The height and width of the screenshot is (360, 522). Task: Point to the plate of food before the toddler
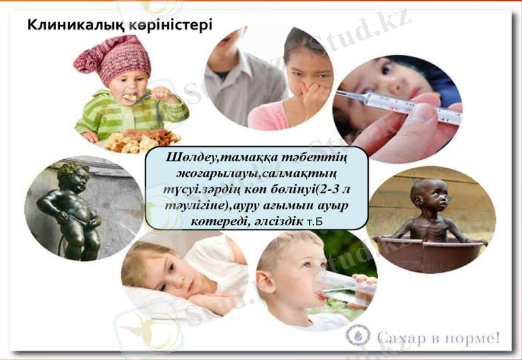point(141,139)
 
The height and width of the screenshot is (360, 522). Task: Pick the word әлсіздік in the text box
point(277,222)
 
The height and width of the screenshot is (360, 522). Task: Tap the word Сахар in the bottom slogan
point(399,338)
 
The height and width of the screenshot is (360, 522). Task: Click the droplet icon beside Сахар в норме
point(360,337)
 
